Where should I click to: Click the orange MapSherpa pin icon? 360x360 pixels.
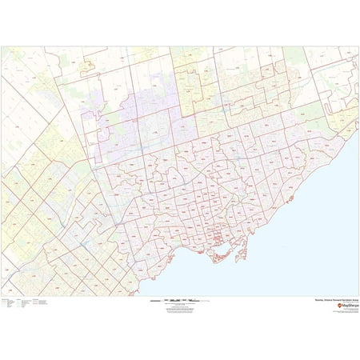tap(338, 306)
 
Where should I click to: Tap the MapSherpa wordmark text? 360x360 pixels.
tap(350, 306)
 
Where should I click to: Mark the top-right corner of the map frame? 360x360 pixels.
tap(358, 46)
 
